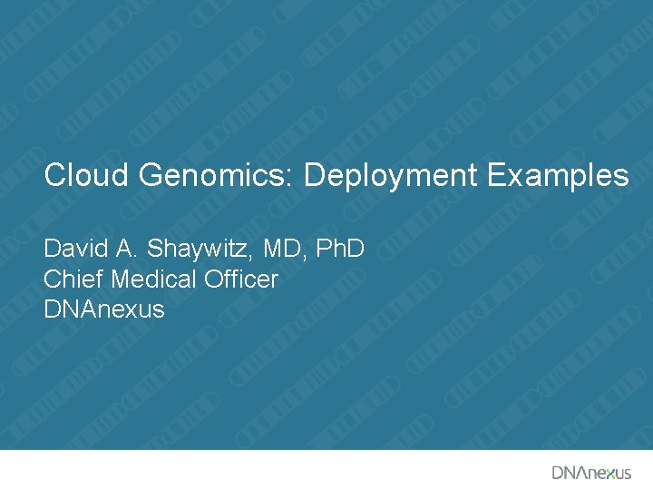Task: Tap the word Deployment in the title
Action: tap(390, 175)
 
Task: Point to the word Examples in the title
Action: tap(558, 175)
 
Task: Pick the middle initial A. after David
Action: tap(125, 249)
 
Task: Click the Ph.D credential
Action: tap(340, 249)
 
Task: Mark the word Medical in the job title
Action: tap(148, 279)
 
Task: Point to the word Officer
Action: tap(241, 279)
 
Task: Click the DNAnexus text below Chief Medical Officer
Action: tap(104, 309)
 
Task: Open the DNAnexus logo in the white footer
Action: tap(591, 472)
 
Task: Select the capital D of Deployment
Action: tap(314, 175)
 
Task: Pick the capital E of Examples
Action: tap(495, 175)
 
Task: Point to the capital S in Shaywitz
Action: tap(153, 249)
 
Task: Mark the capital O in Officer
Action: tap(214, 279)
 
